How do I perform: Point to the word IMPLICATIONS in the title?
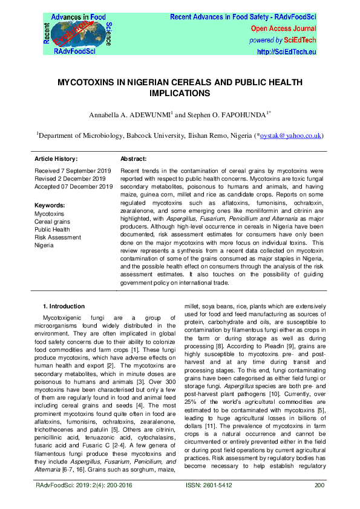tap(180, 94)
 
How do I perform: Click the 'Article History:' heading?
tap(56, 158)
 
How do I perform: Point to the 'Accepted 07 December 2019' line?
tap(74, 187)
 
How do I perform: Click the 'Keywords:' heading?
tap(50, 206)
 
